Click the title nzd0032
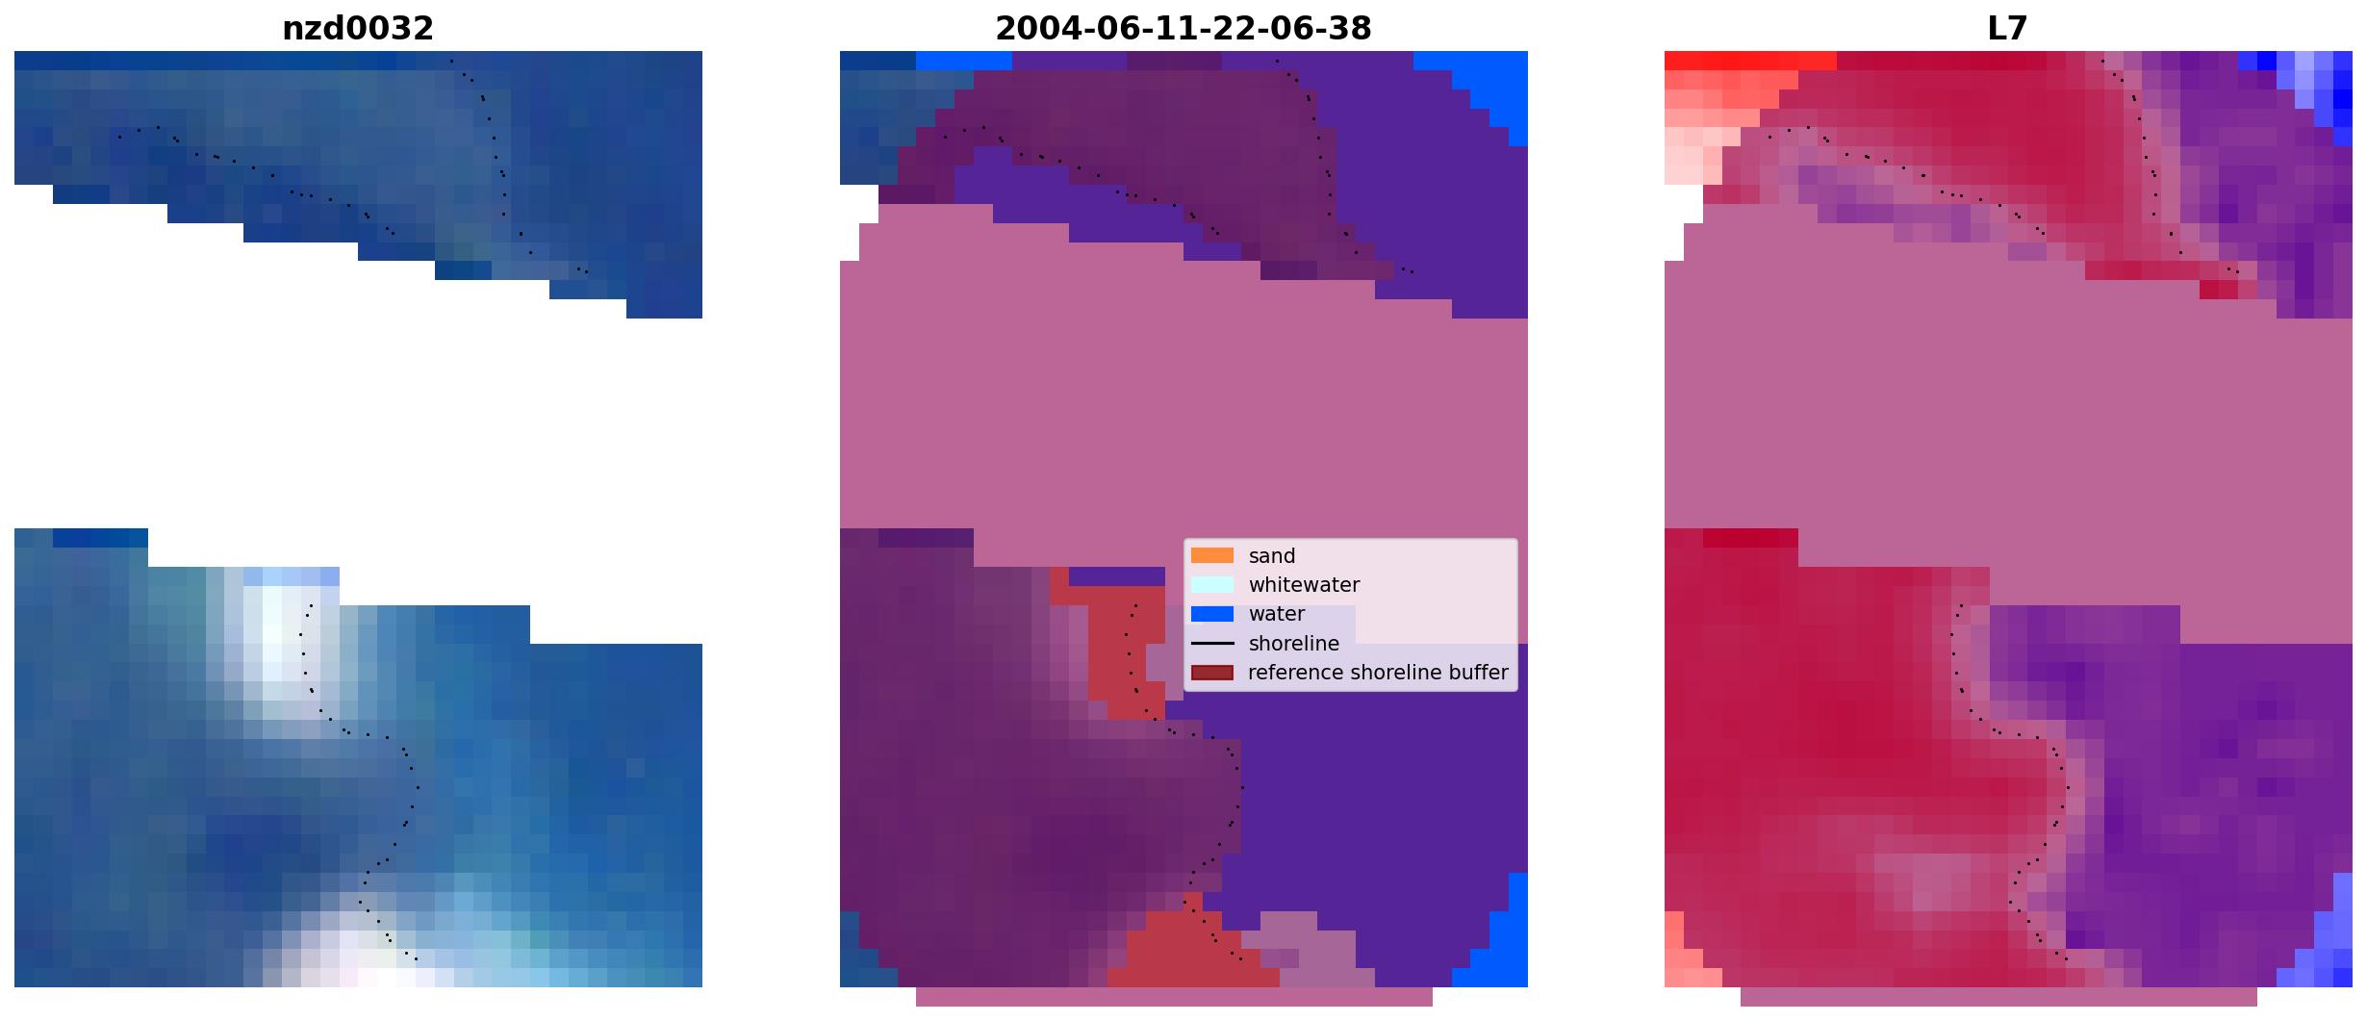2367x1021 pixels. tap(358, 29)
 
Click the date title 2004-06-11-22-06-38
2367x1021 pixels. tap(1183, 29)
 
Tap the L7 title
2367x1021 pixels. tap(2008, 29)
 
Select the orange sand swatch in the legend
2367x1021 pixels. tap(1212, 555)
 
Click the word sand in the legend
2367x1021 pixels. tap(1272, 556)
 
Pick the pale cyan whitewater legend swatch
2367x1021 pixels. tap(1212, 584)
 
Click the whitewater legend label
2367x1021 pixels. tap(1304, 585)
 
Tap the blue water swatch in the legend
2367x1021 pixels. tap(1212, 614)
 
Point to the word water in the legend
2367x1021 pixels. tap(1277, 614)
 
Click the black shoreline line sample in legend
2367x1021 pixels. tap(1212, 643)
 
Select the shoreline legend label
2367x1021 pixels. tap(1294, 644)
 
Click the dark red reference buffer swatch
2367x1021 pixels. tap(1212, 673)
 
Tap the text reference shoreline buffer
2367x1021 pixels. tap(1378, 673)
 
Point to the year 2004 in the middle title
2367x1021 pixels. tap(1031, 29)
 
